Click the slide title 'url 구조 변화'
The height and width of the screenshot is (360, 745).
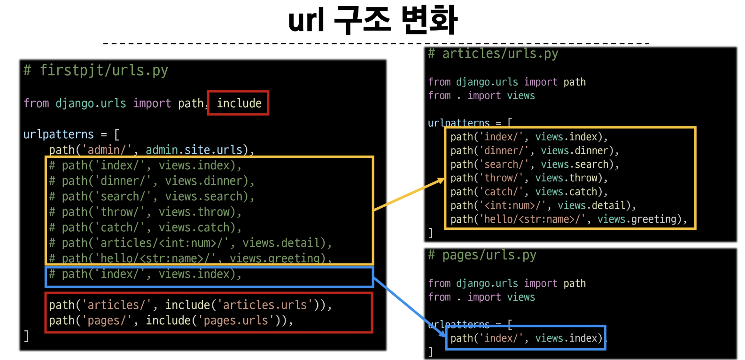[372, 21]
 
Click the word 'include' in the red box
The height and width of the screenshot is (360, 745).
[239, 103]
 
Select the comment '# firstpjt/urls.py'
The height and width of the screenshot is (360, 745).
[96, 70]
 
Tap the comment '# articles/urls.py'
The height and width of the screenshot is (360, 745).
[493, 54]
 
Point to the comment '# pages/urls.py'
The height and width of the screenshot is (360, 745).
[482, 255]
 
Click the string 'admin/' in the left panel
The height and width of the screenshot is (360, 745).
[107, 150]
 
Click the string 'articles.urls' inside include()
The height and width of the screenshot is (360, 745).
[264, 305]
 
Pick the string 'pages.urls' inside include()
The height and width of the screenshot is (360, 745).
[235, 321]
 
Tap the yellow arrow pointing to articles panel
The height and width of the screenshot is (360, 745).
[409, 194]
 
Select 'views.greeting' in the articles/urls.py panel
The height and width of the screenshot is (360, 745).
[637, 219]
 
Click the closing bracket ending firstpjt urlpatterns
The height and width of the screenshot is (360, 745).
[26, 336]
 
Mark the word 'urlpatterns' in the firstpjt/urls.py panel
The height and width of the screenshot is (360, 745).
[59, 135]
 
